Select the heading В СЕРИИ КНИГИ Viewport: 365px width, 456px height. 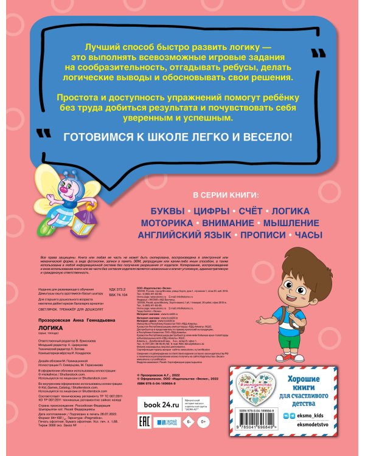click(224, 195)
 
